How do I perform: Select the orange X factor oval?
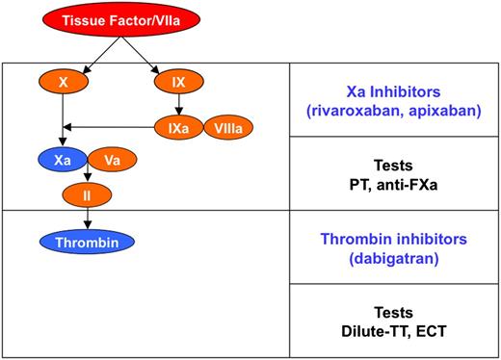63,85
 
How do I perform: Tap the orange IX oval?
179,85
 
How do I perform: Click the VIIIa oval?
227,125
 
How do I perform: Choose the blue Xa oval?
64,161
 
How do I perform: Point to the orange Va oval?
111,161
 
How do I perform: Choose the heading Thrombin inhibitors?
397,237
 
